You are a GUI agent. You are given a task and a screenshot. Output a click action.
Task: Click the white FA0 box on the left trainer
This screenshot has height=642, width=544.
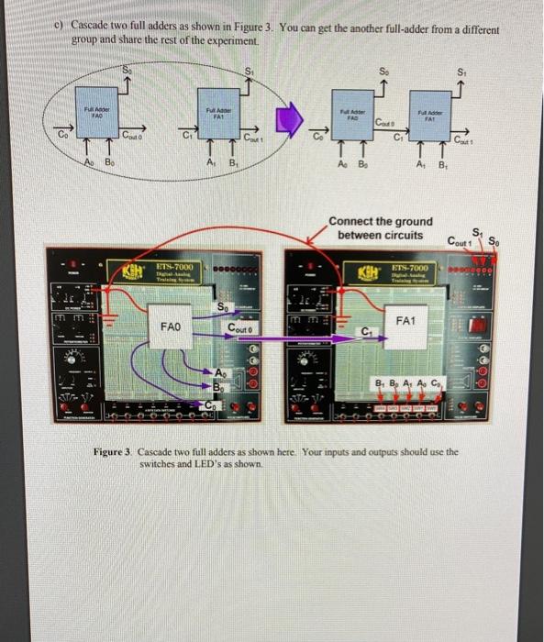172,326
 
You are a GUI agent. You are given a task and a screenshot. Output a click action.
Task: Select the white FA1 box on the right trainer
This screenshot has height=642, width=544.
407,322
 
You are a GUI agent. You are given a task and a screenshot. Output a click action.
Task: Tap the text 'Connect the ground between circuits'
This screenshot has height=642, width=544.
380,228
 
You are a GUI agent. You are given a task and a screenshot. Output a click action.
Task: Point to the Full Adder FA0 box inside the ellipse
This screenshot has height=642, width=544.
97,117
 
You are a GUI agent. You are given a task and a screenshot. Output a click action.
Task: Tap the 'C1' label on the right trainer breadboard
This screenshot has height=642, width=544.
368,331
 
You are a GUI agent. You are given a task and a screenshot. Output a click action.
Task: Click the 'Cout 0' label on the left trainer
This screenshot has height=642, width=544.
243,327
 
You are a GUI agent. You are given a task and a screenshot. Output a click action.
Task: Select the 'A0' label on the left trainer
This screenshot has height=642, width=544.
219,372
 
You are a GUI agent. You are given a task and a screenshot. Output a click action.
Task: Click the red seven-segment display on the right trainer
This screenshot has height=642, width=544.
477,327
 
